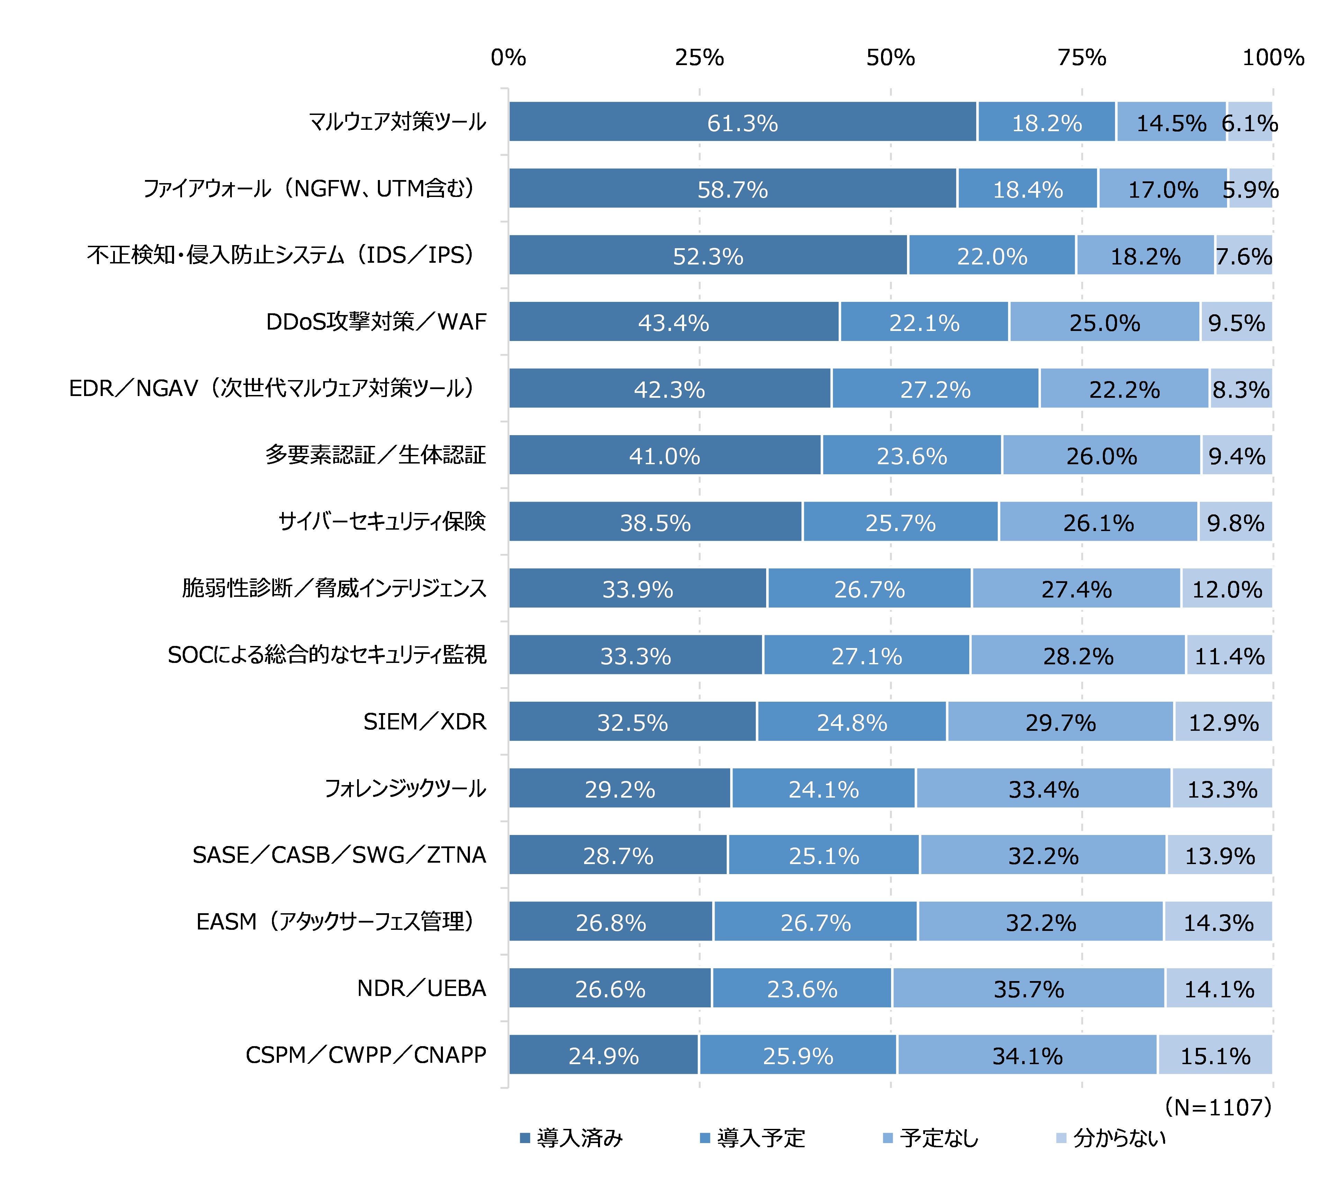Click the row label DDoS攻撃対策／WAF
tap(376, 322)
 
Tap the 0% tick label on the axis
tap(508, 58)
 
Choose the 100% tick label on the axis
tap(1272, 58)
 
